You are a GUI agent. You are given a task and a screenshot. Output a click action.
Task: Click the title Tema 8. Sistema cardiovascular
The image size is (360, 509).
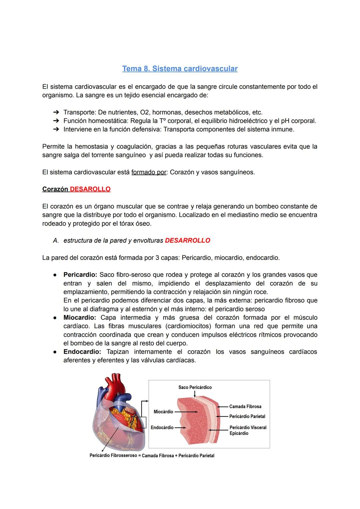[x=180, y=69]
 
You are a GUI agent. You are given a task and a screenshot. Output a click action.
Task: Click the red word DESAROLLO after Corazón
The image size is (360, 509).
[x=90, y=189]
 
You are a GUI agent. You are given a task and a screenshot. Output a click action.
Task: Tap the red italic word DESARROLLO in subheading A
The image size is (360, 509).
[x=187, y=241]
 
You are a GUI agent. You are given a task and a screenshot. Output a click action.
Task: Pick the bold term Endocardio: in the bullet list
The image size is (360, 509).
[x=82, y=352]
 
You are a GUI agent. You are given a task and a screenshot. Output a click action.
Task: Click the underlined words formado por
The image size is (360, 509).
[x=149, y=173]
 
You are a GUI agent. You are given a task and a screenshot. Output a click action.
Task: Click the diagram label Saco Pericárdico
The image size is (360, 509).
[x=195, y=387]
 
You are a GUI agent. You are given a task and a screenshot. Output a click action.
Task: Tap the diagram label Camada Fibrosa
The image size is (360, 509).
[x=245, y=407]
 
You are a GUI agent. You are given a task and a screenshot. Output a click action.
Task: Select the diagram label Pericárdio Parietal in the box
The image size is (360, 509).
[x=247, y=416]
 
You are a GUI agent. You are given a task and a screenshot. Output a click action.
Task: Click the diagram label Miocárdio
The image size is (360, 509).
[x=163, y=412]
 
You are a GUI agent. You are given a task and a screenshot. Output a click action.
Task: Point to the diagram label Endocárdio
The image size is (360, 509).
[x=162, y=427]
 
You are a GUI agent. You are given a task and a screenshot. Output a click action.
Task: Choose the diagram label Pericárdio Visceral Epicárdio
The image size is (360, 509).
[x=248, y=430]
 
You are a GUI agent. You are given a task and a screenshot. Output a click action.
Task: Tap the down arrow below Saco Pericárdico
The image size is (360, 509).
[x=195, y=394]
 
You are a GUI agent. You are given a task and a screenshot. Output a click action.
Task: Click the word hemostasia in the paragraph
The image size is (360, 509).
[x=91, y=147]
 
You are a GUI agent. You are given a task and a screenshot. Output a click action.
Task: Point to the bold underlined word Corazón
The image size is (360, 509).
[x=55, y=189]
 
